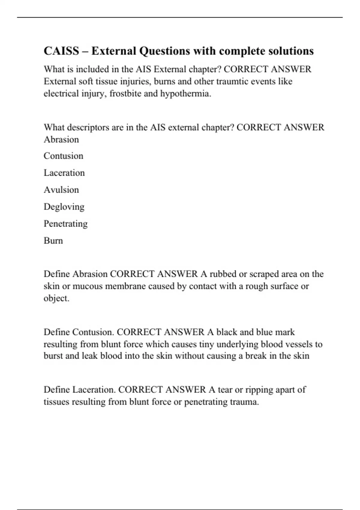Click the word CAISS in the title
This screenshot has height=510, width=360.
pyautogui.click(x=61, y=51)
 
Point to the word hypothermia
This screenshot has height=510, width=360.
pyautogui.click(x=186, y=94)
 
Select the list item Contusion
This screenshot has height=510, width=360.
pyautogui.click(x=63, y=156)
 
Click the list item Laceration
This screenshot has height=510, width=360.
pyautogui.click(x=64, y=173)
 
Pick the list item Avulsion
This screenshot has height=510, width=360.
pyautogui.click(x=61, y=190)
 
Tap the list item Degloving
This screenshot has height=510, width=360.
pyautogui.click(x=64, y=207)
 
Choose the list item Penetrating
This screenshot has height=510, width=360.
pyautogui.click(x=65, y=224)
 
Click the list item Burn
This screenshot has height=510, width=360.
pyautogui.click(x=53, y=241)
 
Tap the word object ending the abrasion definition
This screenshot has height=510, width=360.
pyautogui.click(x=56, y=298)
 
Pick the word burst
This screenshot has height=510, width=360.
pyautogui.click(x=53, y=356)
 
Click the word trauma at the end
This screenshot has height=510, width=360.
pyautogui.click(x=244, y=402)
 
